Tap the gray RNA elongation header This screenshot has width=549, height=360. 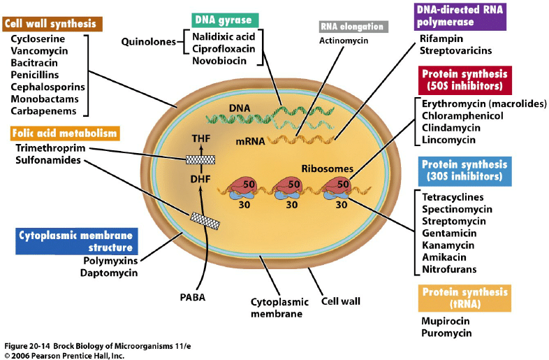352,27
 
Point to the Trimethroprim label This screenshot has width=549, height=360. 48,148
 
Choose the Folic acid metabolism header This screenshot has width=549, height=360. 65,133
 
